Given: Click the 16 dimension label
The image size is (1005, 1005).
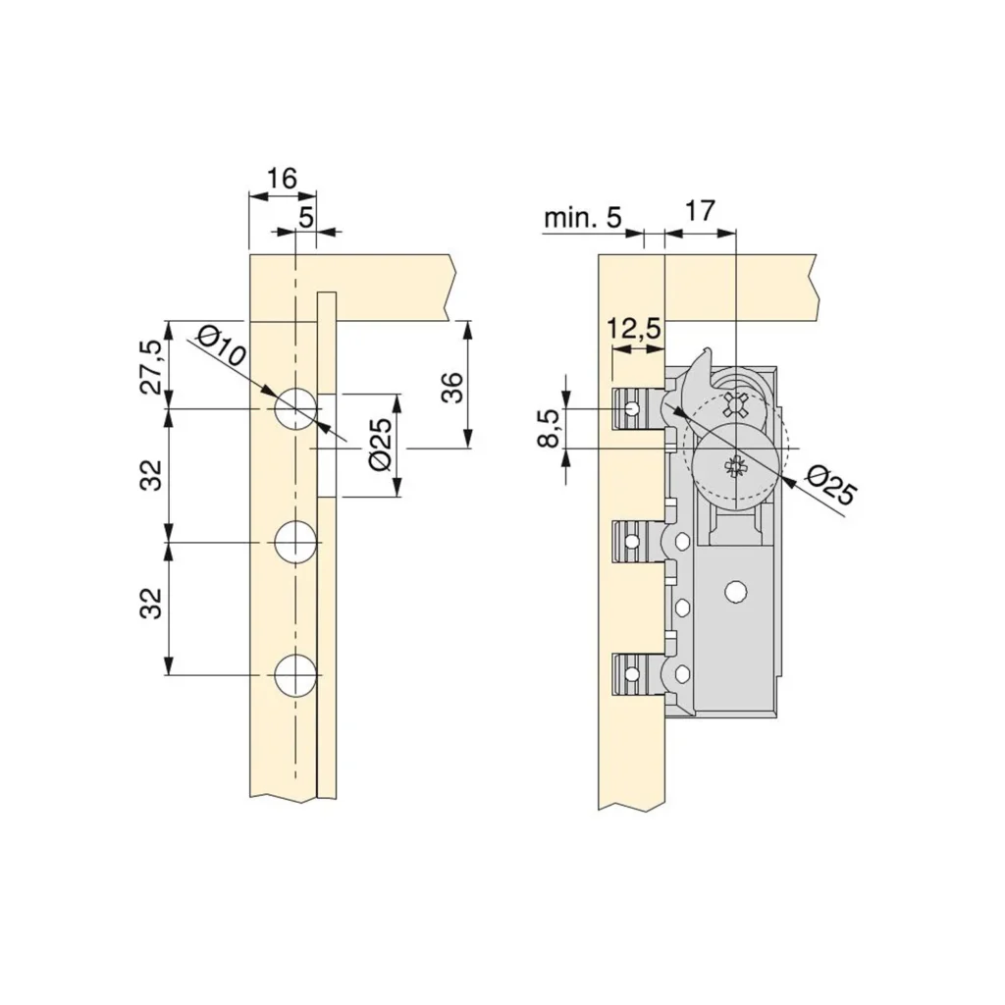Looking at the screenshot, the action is [x=282, y=179].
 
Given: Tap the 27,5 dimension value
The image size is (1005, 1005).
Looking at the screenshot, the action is [x=152, y=367].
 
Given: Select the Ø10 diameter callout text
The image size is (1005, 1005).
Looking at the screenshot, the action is [x=220, y=346].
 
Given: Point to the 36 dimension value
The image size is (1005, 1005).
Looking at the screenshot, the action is [x=453, y=387].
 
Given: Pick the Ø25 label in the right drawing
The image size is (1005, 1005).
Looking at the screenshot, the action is [x=831, y=485].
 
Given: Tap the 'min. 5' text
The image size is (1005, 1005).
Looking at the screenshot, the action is [x=583, y=218].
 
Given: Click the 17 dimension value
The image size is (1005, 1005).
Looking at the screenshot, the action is [x=699, y=210].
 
